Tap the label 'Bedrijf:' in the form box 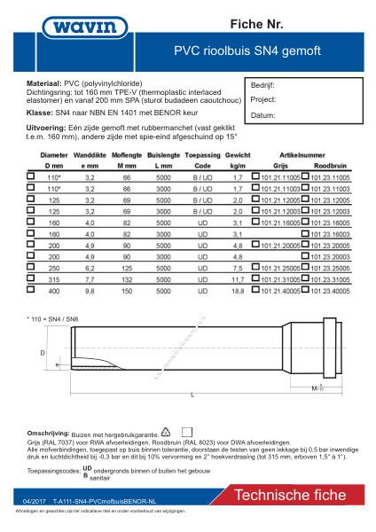click(265, 87)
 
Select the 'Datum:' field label click(263, 115)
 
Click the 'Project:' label click(265, 101)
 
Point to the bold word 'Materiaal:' click(48, 81)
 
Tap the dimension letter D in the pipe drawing click(43, 352)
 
